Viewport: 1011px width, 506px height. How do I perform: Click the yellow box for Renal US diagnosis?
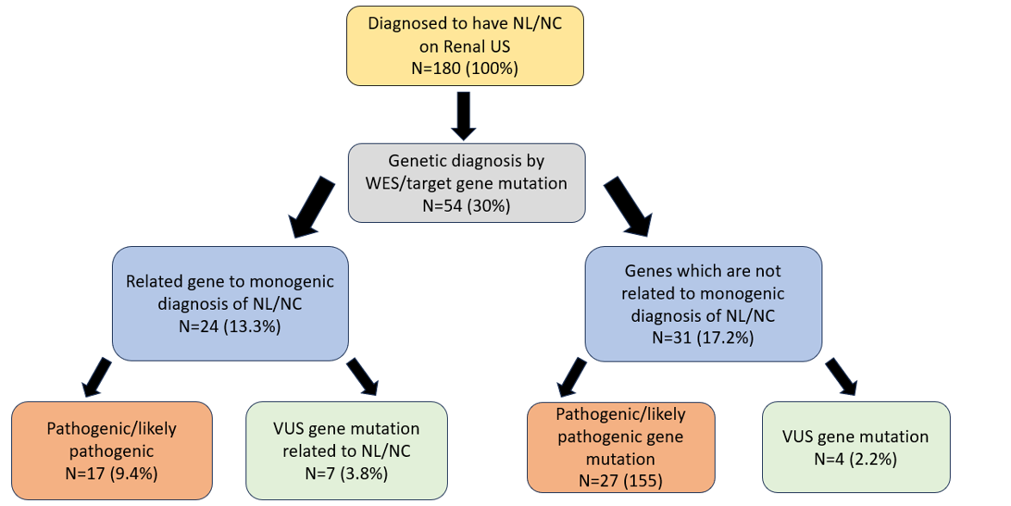coord(465,46)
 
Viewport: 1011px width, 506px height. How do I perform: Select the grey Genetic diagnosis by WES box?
coord(466,183)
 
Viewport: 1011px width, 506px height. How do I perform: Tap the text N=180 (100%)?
coord(465,68)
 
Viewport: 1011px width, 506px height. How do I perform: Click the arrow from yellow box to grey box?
coord(462,115)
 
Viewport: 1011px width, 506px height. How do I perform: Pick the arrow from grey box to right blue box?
coord(628,207)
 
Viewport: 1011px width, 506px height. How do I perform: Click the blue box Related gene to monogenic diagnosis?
coord(230,304)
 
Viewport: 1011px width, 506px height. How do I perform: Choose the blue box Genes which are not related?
coord(703,304)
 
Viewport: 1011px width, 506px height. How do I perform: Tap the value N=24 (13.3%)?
coord(230,326)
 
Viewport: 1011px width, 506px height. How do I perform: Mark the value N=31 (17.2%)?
coord(703,337)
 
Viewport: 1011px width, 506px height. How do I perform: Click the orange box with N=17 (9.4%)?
coord(112,451)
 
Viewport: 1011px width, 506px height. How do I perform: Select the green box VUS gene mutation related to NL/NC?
coord(346,451)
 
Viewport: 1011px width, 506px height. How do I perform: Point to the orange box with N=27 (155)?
coord(621,447)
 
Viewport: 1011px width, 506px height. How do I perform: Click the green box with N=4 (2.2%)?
coord(856,447)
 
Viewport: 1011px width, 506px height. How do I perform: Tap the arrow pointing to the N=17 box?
coord(96,377)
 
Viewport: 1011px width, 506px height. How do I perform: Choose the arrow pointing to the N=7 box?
coord(363,377)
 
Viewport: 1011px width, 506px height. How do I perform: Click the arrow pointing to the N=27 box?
coord(572,378)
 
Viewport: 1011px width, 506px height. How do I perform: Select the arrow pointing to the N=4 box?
coord(841,377)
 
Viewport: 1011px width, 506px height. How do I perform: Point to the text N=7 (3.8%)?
coord(346,473)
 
